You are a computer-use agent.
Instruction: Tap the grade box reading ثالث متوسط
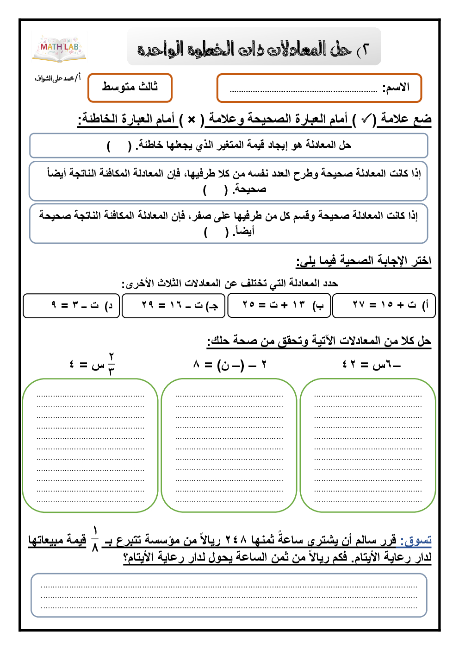click(x=130, y=87)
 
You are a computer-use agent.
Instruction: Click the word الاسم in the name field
click(x=396, y=87)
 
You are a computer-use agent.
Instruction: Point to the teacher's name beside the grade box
click(x=57, y=78)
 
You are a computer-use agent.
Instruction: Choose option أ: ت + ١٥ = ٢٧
click(x=384, y=305)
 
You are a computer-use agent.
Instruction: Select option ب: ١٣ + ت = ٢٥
click(x=279, y=305)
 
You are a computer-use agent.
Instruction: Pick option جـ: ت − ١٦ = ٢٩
click(x=174, y=305)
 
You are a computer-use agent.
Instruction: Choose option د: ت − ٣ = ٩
click(x=72, y=305)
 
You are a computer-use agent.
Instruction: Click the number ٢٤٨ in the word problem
click(x=236, y=540)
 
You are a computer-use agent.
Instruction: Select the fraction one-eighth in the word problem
click(x=95, y=539)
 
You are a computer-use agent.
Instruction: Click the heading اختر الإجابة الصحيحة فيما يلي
click(x=364, y=261)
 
